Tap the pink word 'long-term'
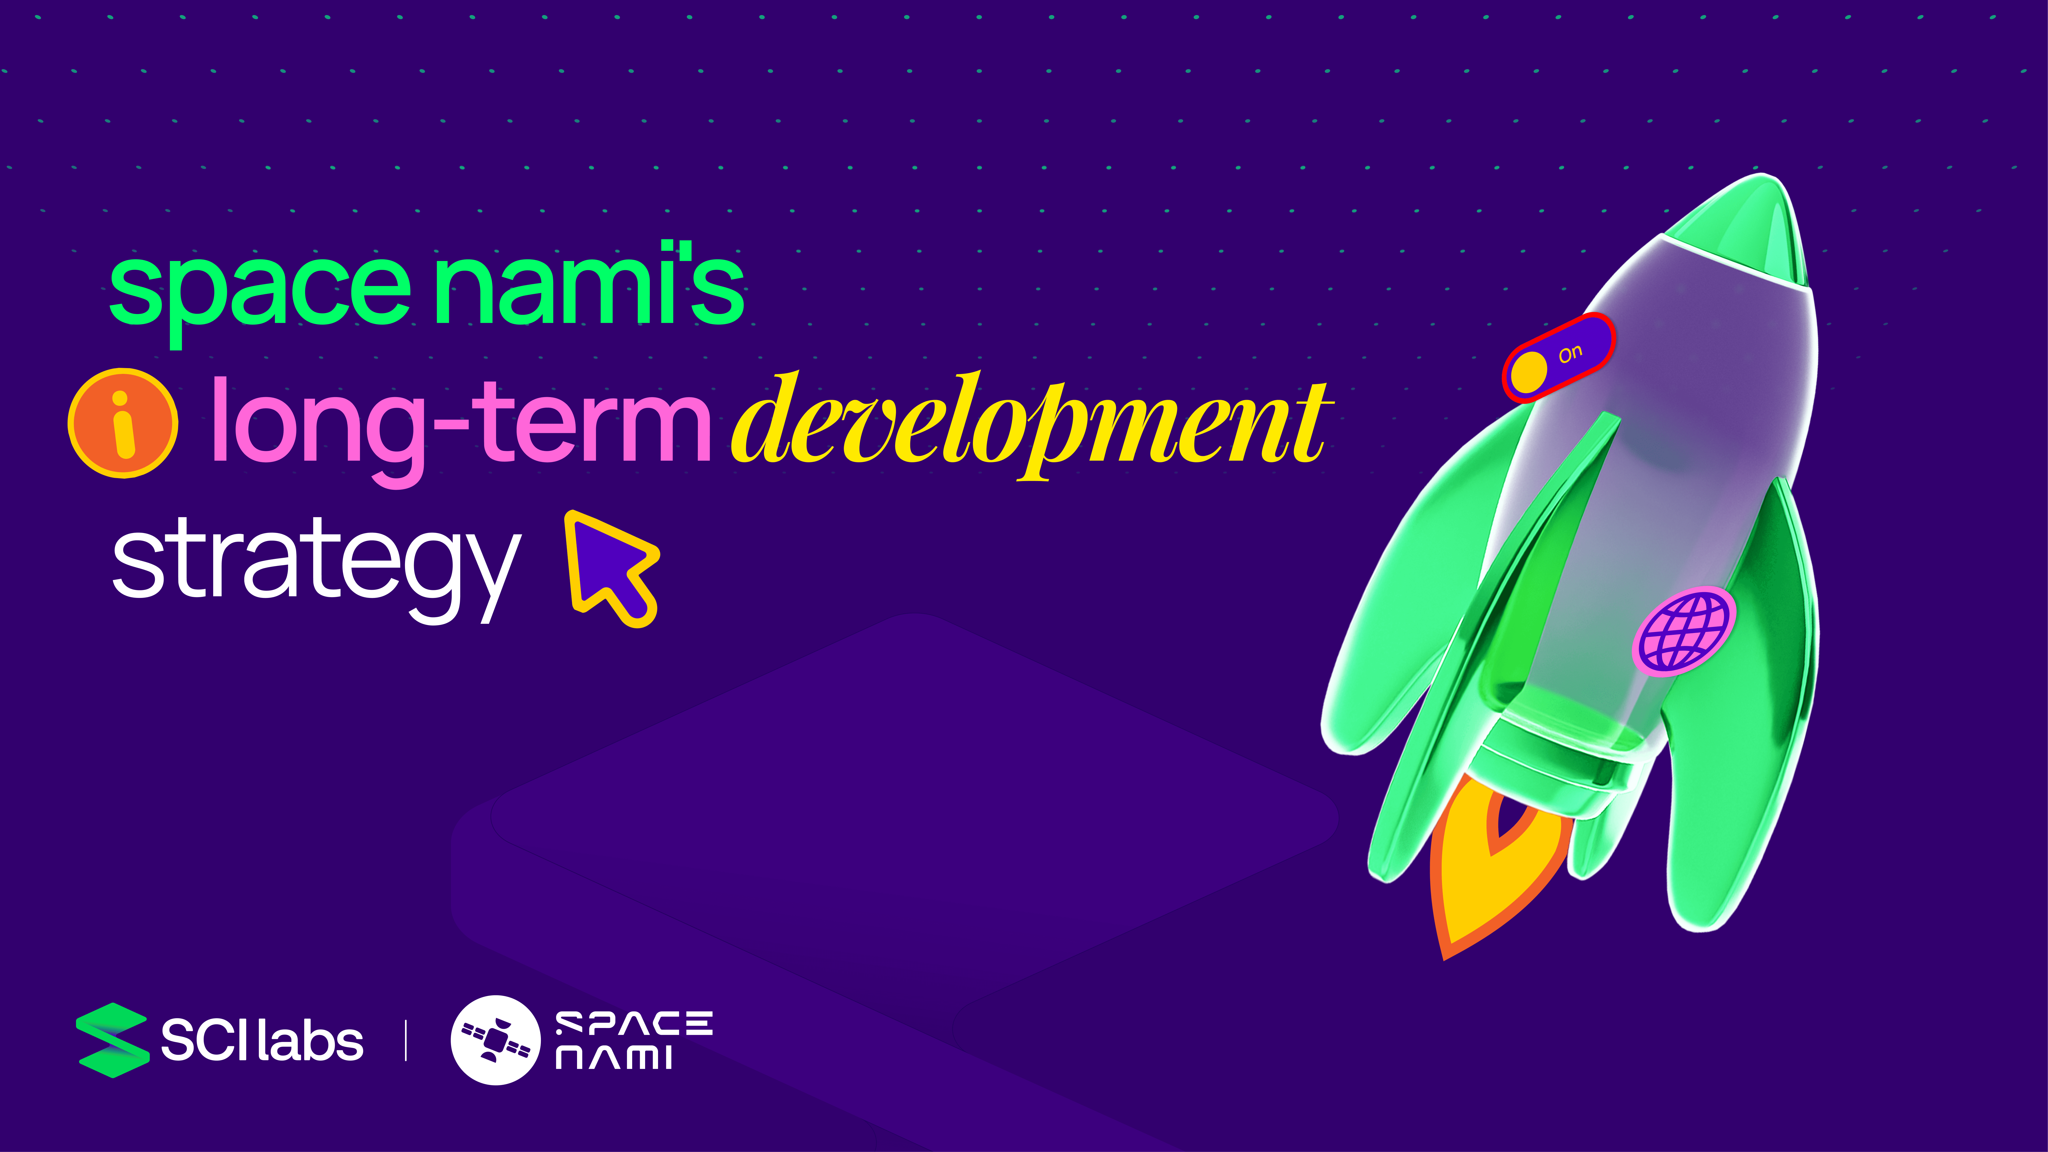pyautogui.click(x=461, y=429)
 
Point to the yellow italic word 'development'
pyautogui.click(x=1030, y=425)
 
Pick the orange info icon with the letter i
pyautogui.click(x=123, y=423)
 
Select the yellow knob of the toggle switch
pyautogui.click(x=1528, y=371)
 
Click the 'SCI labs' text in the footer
pyautogui.click(x=262, y=1041)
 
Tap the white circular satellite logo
pyautogui.click(x=495, y=1040)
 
